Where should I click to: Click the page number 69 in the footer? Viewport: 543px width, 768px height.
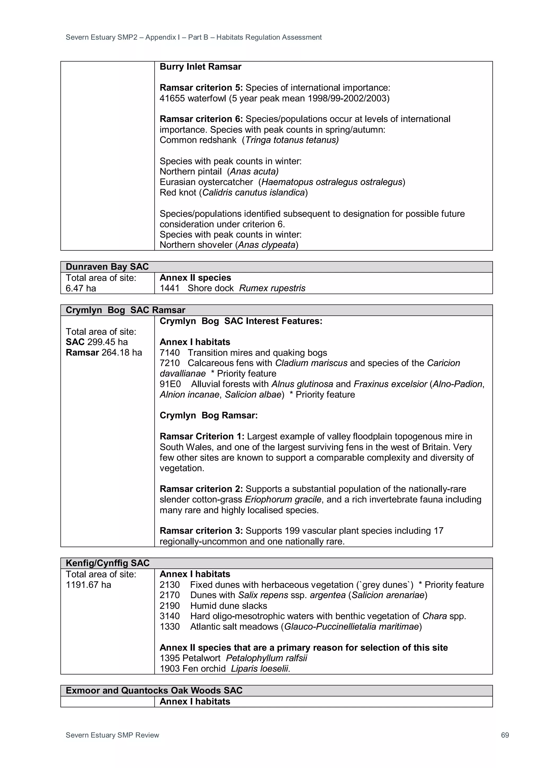[x=505, y=735]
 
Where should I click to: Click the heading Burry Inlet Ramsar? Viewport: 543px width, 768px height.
[x=200, y=67]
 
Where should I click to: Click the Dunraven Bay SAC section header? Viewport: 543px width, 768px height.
[x=107, y=267]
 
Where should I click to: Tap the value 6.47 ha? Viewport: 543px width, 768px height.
[x=81, y=288]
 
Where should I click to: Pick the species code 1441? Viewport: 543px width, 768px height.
[x=169, y=288]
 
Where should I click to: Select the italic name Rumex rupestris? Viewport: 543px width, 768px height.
[x=272, y=288]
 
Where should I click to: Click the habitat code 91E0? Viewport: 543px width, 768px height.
[x=170, y=384]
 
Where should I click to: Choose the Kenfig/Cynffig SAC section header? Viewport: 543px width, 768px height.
[x=107, y=563]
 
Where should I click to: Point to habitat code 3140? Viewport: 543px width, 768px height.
[x=169, y=616]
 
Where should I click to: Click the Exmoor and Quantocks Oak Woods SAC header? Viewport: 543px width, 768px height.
[x=154, y=690]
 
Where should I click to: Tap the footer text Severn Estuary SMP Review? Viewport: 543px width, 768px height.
[x=112, y=735]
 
